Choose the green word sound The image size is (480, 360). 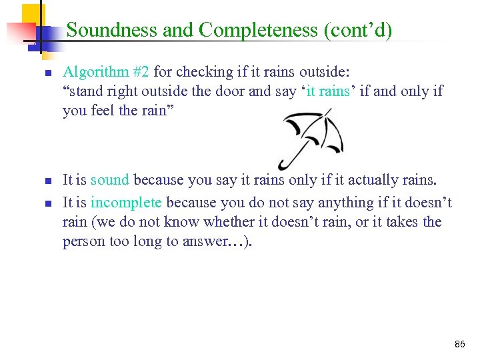[x=110, y=180]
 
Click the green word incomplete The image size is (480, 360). [x=126, y=203]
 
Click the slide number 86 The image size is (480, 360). [x=459, y=345]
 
